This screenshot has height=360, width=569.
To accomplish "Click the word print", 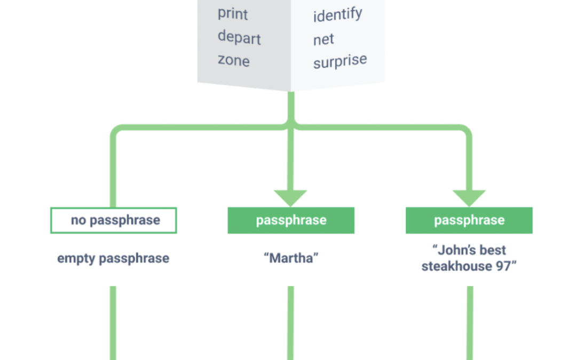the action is click(x=233, y=14).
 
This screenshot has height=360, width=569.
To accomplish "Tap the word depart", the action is click(x=239, y=37).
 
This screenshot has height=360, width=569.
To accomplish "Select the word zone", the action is click(x=234, y=60).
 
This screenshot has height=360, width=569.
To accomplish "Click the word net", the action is click(x=323, y=39).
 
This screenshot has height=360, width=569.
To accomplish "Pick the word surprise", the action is click(x=340, y=61).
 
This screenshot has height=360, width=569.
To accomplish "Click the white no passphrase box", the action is click(x=114, y=220).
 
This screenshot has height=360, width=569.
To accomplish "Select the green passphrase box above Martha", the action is click(x=291, y=220).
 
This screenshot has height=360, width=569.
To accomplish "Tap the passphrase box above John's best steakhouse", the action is click(x=469, y=220).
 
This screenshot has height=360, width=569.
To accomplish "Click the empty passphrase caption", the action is click(x=113, y=259).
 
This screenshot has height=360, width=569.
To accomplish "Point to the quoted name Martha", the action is click(x=291, y=258).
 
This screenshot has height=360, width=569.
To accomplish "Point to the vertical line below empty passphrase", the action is click(x=113, y=323).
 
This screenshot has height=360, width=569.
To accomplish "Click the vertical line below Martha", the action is click(x=291, y=323).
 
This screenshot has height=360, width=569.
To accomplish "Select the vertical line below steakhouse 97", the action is click(x=470, y=323).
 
